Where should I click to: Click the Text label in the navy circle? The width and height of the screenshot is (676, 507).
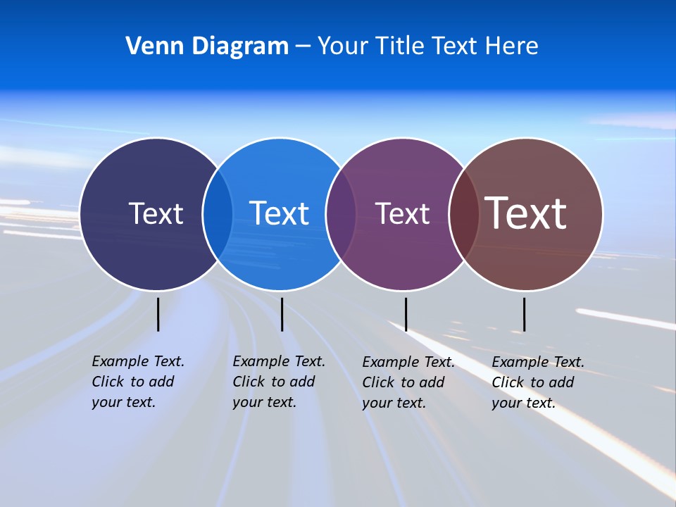(156, 213)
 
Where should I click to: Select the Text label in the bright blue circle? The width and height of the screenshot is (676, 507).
(280, 213)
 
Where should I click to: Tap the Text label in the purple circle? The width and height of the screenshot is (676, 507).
(402, 213)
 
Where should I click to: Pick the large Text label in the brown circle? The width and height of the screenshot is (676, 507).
(526, 213)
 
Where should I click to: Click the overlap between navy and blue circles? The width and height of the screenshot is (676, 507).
(218, 214)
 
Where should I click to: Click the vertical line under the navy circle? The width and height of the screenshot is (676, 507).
(158, 314)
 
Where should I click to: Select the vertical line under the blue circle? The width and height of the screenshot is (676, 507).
(282, 314)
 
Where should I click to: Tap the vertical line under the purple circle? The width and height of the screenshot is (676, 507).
(406, 314)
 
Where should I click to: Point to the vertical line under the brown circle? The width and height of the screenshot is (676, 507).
(524, 314)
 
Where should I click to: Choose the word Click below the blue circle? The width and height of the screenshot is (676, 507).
(249, 382)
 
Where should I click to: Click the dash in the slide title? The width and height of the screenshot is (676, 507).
(303, 46)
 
